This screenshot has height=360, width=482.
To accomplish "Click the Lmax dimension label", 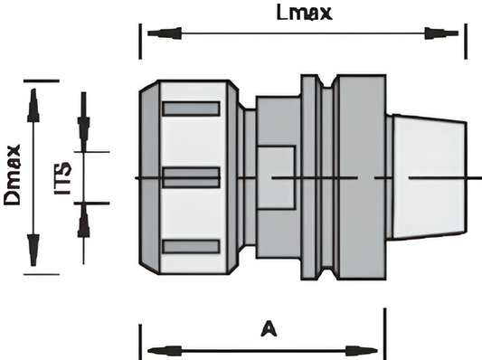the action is tap(304, 13).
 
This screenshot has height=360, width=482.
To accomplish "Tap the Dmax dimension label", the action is tap(13, 175).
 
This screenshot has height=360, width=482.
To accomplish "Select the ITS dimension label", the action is tap(62, 177).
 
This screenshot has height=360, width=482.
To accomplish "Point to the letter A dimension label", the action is tap(269, 328).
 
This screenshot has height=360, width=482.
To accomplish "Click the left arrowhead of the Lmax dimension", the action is tap(165, 33).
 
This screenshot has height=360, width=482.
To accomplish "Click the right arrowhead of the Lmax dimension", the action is tap(441, 33).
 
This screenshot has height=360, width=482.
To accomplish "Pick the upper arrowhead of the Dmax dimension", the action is tap(33, 105).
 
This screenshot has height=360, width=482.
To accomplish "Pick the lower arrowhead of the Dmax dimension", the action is tap(33, 250).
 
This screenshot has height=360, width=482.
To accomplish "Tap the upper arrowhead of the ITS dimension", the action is tap(83, 135).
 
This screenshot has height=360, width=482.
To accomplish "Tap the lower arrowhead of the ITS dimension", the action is tap(83, 220).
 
